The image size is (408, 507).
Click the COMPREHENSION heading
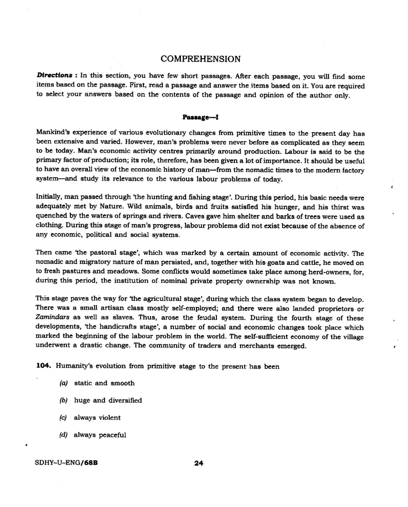click(x=200, y=59)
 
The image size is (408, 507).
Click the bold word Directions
click(x=54, y=75)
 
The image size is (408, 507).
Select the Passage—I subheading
click(x=201, y=117)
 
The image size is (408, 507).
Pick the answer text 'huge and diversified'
click(x=108, y=400)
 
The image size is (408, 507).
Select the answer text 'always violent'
click(x=97, y=418)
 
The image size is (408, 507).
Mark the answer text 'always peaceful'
click(x=100, y=435)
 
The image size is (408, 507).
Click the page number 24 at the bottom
click(x=199, y=463)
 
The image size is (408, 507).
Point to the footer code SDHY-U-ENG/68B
click(x=66, y=463)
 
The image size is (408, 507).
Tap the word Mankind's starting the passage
click(x=52, y=132)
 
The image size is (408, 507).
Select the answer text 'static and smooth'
click(x=104, y=383)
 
